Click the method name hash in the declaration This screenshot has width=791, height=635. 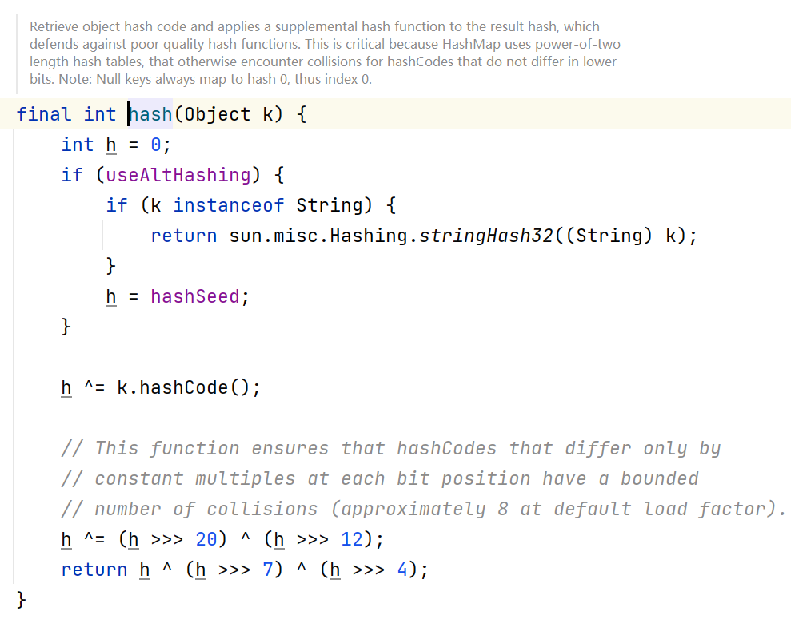(x=151, y=114)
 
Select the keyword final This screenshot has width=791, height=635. (x=43, y=114)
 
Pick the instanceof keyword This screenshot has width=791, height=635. (x=228, y=205)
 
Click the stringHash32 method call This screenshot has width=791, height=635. (x=486, y=236)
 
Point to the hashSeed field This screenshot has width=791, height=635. (x=194, y=296)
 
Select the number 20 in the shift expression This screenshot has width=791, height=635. (x=206, y=539)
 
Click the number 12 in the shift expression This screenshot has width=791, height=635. (x=352, y=539)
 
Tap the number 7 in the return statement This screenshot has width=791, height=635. (x=268, y=570)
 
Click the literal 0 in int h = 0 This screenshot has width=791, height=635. (x=155, y=145)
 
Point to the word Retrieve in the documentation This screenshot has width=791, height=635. (x=55, y=26)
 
